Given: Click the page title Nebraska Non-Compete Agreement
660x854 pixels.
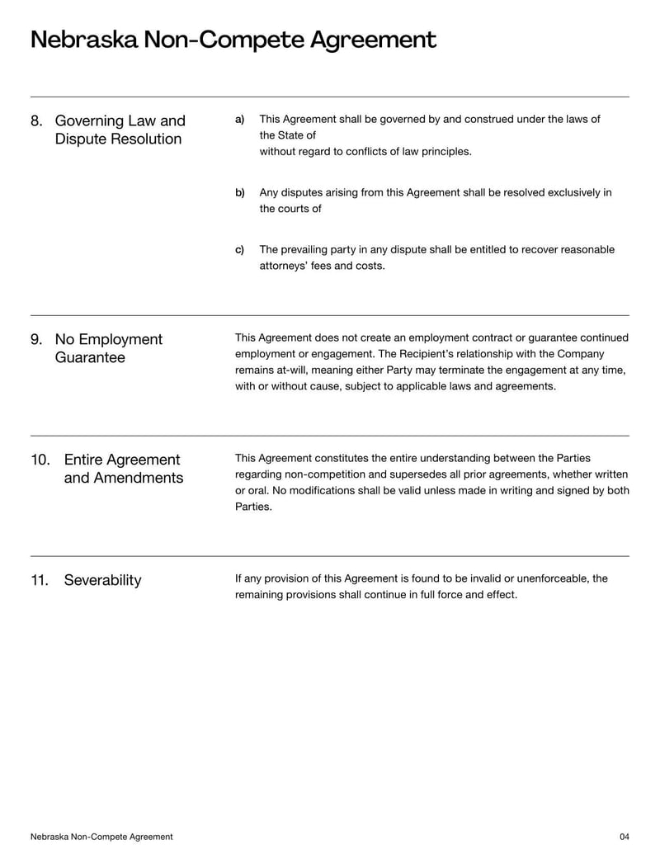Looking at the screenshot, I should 233,40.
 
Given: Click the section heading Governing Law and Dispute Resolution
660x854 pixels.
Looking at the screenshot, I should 120,130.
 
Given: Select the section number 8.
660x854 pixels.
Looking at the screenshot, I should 36,120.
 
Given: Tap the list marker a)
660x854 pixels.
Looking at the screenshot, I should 240,120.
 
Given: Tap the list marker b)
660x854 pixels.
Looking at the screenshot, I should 240,193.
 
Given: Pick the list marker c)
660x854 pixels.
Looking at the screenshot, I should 240,250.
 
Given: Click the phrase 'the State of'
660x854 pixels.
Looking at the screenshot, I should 287,135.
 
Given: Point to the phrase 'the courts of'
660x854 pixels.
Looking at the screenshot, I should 290,209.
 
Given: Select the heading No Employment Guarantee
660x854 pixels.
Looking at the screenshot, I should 109,348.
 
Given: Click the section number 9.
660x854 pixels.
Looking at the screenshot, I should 36,339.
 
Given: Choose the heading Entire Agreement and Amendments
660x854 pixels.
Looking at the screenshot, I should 123,469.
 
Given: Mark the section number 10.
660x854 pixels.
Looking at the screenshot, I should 40,460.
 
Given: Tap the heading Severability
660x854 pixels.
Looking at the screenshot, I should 102,580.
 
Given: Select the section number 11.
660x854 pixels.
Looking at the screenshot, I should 40,580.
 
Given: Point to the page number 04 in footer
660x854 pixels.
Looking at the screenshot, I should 624,837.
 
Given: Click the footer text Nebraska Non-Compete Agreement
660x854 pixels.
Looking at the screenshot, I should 101,837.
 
